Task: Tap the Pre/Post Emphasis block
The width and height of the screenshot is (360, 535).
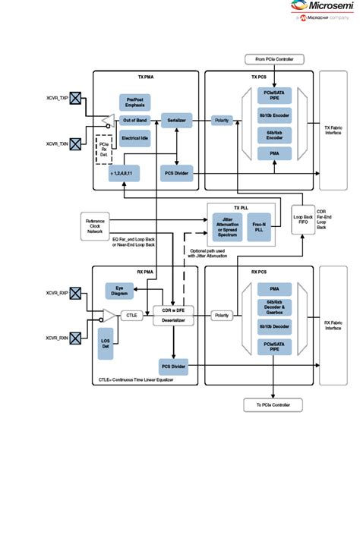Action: click(135, 102)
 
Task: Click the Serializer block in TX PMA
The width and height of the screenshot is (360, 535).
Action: click(178, 120)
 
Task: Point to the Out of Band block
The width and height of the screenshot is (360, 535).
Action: click(135, 120)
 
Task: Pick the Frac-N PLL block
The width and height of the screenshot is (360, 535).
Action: click(258, 227)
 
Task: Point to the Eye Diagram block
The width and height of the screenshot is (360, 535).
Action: click(119, 292)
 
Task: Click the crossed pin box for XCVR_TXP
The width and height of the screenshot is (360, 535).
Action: click(75, 99)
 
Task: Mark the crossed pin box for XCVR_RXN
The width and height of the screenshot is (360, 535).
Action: click(75, 338)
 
